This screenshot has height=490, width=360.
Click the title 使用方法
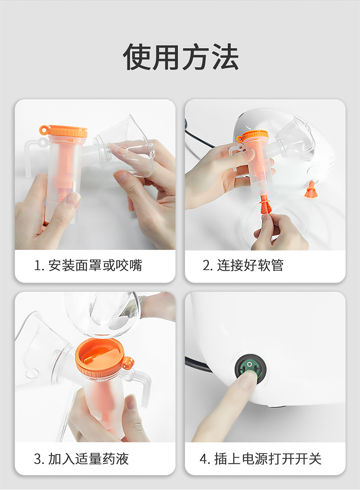pyautogui.click(x=180, y=57)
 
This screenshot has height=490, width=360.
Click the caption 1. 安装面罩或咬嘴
pyautogui.click(x=88, y=265)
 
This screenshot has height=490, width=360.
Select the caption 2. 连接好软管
pyautogui.click(x=243, y=265)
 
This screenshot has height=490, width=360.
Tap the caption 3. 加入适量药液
pyautogui.click(x=81, y=459)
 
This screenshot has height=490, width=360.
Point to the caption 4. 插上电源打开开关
pyautogui.click(x=261, y=459)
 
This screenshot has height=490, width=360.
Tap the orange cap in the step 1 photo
pyautogui.click(x=64, y=132)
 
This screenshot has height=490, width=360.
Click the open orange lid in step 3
pyautogui.click(x=99, y=356)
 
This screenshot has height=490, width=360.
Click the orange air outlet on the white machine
pyautogui.click(x=310, y=189)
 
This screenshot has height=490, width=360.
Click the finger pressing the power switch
pyautogui.click(x=225, y=406)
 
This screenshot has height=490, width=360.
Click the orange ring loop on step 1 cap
pyautogui.click(x=44, y=129)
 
